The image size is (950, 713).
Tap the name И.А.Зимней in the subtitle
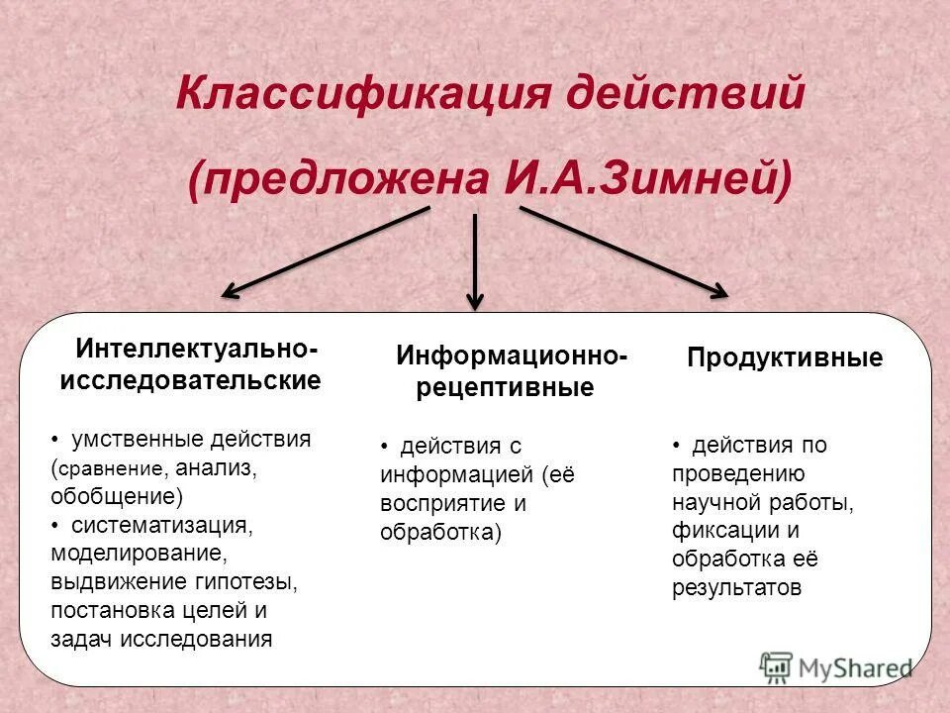tap(648, 177)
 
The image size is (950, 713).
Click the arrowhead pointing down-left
tap(230, 291)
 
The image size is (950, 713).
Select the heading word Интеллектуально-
tap(197, 351)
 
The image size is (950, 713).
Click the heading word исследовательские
tap(190, 380)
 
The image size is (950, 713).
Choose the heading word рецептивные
tap(505, 387)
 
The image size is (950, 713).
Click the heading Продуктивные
tap(785, 358)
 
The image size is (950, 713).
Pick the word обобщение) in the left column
tap(114, 495)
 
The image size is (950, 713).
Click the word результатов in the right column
tap(736, 587)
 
